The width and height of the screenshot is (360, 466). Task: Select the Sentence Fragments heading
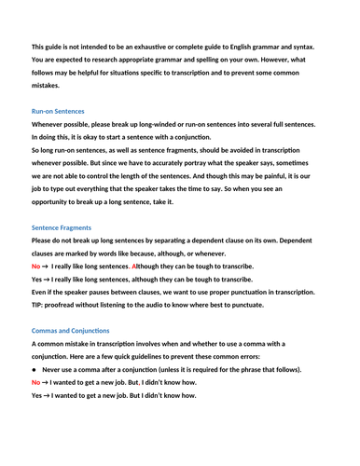(x=62, y=227)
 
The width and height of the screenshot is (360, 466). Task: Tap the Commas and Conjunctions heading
(x=70, y=331)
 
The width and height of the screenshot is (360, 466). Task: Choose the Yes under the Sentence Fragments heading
(x=38, y=279)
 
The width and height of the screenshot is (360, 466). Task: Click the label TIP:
(x=39, y=305)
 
